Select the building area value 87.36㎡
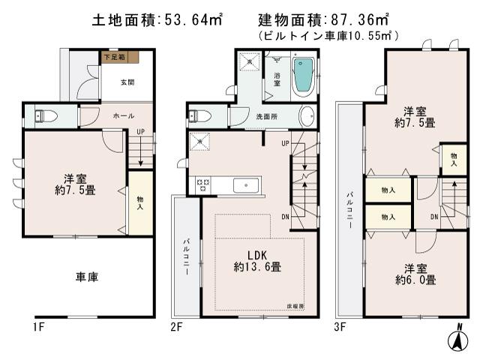pyautogui.click(x=364, y=21)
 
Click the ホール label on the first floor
pyautogui.click(x=124, y=116)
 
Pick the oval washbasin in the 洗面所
pyautogui.click(x=307, y=116)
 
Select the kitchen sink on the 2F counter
pyautogui.click(x=245, y=185)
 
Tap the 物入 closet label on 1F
pyautogui.click(x=140, y=202)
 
